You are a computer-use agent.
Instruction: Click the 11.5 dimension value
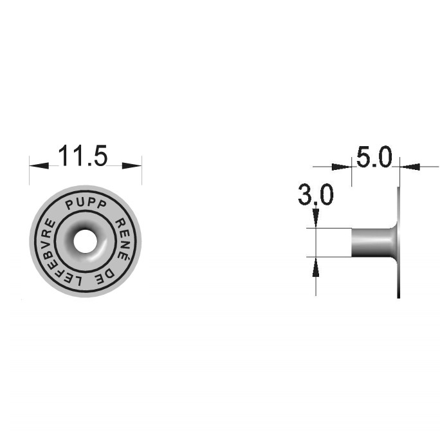click(x=83, y=156)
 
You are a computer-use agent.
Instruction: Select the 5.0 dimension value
click(x=374, y=156)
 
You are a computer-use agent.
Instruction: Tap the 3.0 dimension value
click(x=316, y=194)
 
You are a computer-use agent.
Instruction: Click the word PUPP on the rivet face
click(x=86, y=204)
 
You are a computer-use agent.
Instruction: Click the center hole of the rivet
click(x=86, y=241)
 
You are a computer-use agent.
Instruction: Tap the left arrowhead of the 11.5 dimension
click(x=39, y=165)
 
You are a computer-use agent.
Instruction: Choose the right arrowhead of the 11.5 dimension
click(x=132, y=165)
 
